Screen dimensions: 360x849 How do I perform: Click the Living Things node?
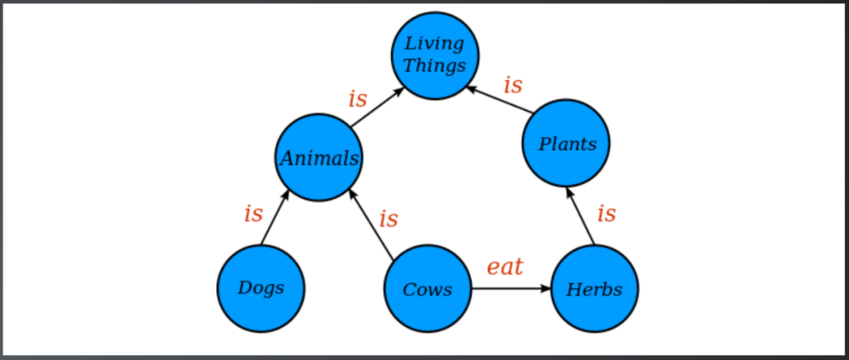pyautogui.click(x=435, y=56)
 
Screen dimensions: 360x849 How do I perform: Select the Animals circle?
pyautogui.click(x=318, y=158)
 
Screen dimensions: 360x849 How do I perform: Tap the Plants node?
pyautogui.click(x=566, y=143)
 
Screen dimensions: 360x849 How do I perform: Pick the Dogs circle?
pyautogui.click(x=261, y=288)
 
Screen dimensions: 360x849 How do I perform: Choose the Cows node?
pyautogui.click(x=428, y=288)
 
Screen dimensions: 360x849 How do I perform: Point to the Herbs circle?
pyautogui.click(x=594, y=288)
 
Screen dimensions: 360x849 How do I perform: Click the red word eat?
pyautogui.click(x=505, y=266)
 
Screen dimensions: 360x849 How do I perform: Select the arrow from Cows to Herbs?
pyautogui.click(x=511, y=288)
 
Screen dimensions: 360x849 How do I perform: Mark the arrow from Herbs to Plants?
pyautogui.click(x=581, y=215)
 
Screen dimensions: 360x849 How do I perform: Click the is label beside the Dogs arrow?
pyautogui.click(x=253, y=213)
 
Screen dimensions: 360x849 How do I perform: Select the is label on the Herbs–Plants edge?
pyautogui.click(x=606, y=213)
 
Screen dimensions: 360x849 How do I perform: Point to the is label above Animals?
pyautogui.click(x=358, y=99)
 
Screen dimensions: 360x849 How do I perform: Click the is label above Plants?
pyautogui.click(x=513, y=84)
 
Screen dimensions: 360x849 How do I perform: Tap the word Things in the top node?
pyautogui.click(x=435, y=65)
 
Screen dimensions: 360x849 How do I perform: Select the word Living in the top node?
pyautogui.click(x=435, y=44)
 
